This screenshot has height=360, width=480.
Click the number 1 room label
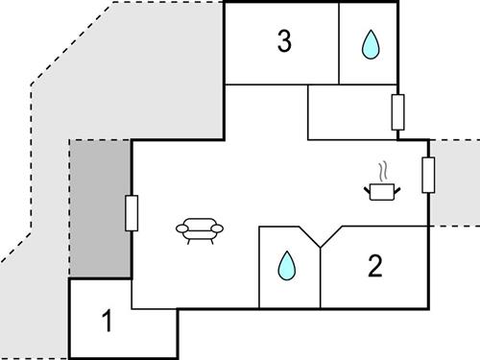point(108,322)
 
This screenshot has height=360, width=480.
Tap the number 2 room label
point(375,266)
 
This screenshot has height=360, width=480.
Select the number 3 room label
point(283,41)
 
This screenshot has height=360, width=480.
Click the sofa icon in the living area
point(202,228)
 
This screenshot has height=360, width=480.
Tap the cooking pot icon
point(382,191)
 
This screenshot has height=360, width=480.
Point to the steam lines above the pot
point(383,172)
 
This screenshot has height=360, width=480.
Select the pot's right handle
point(398,187)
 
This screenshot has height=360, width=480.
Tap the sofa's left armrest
point(181,228)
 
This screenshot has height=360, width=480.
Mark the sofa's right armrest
point(221,228)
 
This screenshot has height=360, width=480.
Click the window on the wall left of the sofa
point(132,212)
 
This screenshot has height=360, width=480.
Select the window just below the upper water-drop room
point(396,112)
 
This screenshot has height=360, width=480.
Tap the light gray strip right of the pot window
point(457,182)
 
